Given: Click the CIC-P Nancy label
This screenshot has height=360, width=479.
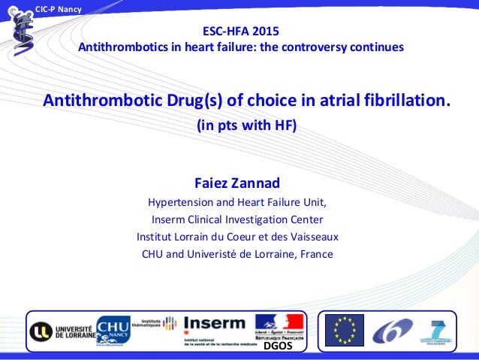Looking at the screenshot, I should [x=60, y=8].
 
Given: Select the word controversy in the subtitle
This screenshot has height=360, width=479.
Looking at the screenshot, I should [x=322, y=47].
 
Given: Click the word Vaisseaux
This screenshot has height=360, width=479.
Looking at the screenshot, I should [x=312, y=237].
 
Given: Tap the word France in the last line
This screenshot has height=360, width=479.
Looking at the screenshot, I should [x=316, y=254].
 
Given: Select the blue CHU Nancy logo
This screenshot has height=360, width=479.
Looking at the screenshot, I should [x=113, y=329].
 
